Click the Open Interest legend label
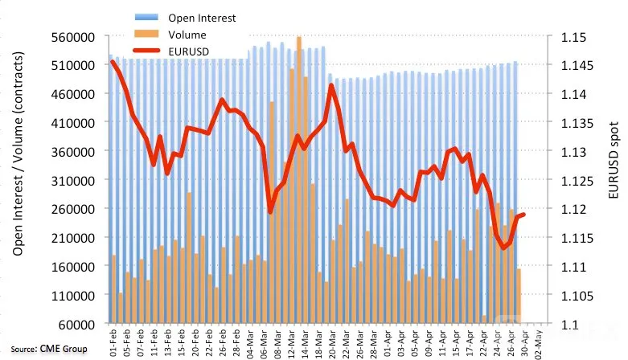(202, 18)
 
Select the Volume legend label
(187, 35)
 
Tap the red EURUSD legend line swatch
(146, 51)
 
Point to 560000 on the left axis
(73, 37)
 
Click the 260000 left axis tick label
(73, 209)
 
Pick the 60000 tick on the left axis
(77, 325)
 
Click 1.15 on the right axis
(573, 37)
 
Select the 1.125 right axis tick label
(577, 181)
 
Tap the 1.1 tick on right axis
(569, 325)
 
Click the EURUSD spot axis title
(614, 160)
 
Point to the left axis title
(18, 153)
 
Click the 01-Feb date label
(113, 343)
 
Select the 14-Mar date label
(305, 344)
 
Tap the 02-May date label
(538, 344)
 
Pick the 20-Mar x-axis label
(332, 344)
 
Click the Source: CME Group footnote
(49, 349)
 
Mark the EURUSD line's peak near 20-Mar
(331, 85)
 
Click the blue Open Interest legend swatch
(146, 17)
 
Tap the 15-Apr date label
(456, 344)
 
